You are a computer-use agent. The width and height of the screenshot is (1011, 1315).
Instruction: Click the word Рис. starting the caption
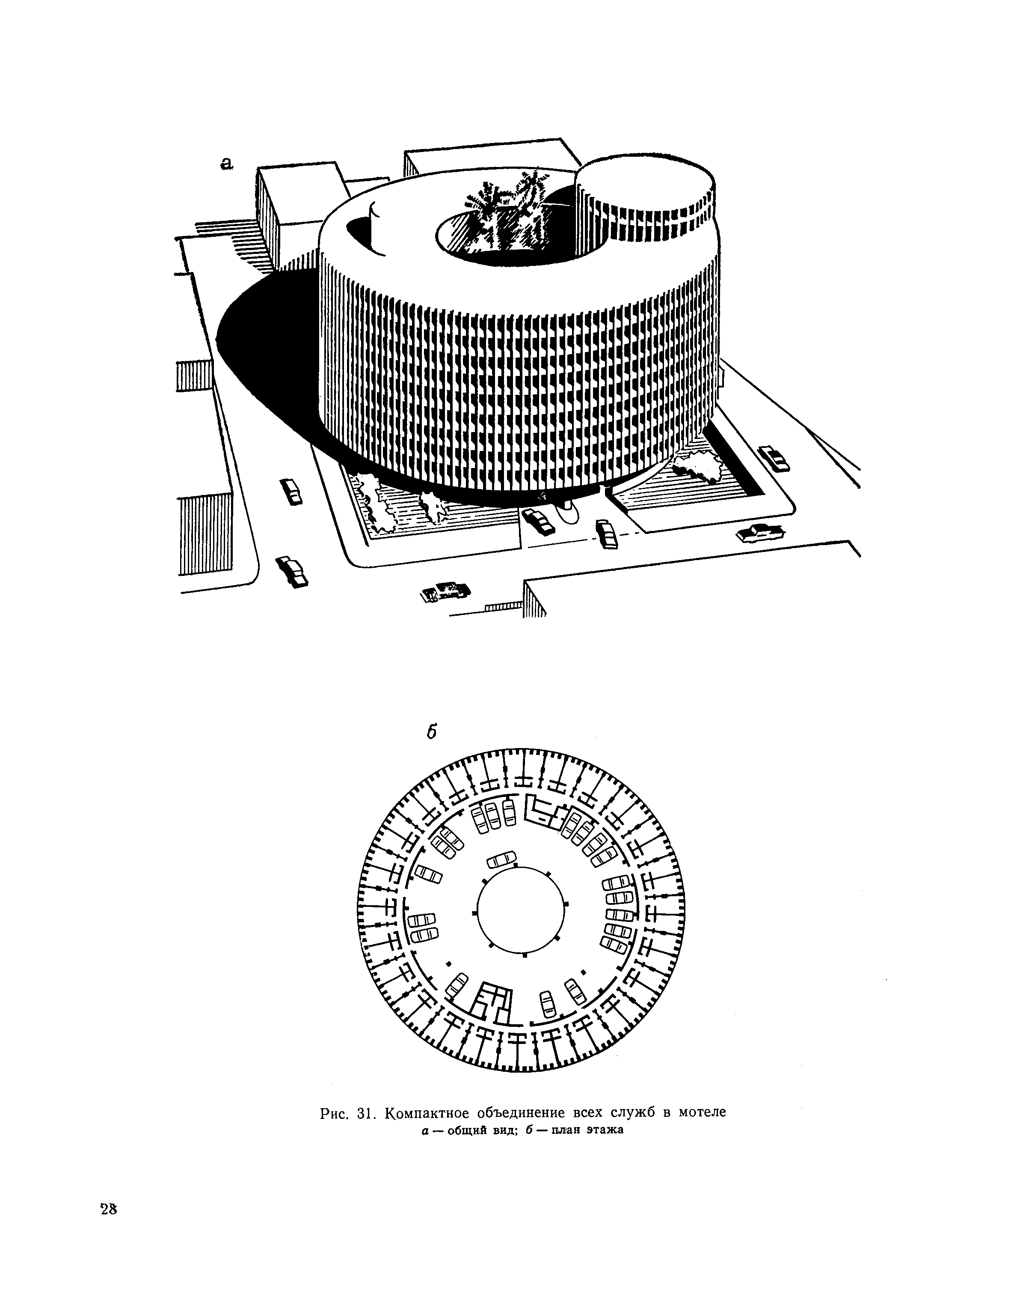(x=335, y=1113)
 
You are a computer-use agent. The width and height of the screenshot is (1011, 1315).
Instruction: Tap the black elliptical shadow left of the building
(x=265, y=349)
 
